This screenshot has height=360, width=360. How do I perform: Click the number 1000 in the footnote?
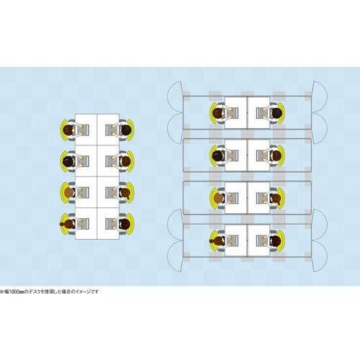tap(13, 292)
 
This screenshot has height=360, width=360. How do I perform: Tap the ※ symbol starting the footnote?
tap(1, 292)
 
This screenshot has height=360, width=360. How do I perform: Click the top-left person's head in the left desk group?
tap(69, 130)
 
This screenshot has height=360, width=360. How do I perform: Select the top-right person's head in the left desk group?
tap(126, 130)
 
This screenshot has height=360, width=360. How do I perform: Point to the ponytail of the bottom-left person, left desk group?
tap(62, 224)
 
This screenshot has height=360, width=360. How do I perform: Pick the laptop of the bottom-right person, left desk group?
tap(112, 223)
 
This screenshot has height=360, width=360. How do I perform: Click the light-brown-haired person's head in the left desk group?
tap(69, 192)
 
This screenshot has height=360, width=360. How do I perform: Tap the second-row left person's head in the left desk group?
tap(68, 161)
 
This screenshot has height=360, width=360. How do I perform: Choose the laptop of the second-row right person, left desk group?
tap(112, 161)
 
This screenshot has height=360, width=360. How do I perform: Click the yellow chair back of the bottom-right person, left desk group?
tap(131, 224)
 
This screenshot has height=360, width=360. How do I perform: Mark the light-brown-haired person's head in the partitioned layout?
tap(219, 197)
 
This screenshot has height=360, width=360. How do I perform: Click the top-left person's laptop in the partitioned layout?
tap(233, 113)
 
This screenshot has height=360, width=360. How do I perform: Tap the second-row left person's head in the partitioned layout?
tap(218, 156)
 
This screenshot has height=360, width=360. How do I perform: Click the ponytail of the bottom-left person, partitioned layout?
tap(212, 240)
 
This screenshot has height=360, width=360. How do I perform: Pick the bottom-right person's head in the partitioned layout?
tap(276, 240)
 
